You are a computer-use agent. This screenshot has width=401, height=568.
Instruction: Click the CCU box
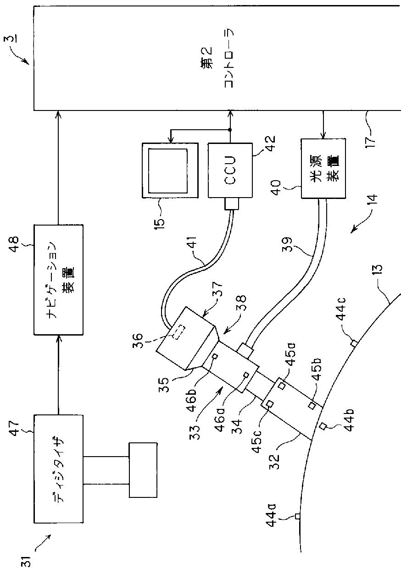[x=230, y=170]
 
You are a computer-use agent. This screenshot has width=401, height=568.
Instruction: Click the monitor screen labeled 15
[x=170, y=171]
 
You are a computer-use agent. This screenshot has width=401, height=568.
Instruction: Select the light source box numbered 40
[x=323, y=168]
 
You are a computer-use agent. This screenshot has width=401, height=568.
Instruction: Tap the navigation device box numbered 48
[x=58, y=280]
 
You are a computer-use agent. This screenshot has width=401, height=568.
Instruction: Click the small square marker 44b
[x=323, y=426]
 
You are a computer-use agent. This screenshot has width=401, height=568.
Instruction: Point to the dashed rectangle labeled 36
[x=179, y=331]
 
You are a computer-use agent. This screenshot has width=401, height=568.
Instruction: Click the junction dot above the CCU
[x=230, y=130]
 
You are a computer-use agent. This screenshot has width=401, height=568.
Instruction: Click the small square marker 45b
[x=312, y=405]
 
